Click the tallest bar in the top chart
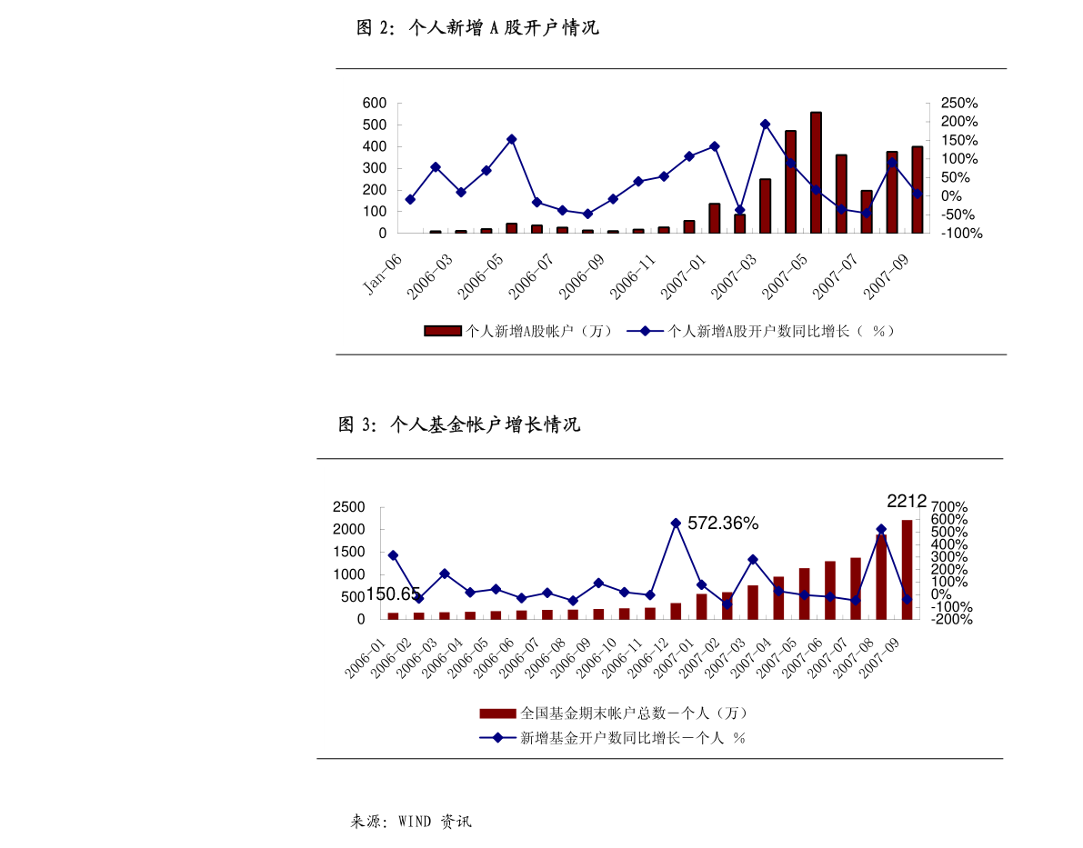816,173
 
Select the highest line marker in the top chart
765,125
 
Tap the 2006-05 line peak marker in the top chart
511,139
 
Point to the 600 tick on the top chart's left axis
375,104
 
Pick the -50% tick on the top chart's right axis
956,214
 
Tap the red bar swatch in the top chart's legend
443,331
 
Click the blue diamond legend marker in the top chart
645,331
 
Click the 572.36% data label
723,524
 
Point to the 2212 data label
907,501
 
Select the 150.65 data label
393,594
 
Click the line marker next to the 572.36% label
676,524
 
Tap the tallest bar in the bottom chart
907,569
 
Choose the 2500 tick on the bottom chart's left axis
348,507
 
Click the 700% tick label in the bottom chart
949,507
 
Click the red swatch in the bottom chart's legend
498,713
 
